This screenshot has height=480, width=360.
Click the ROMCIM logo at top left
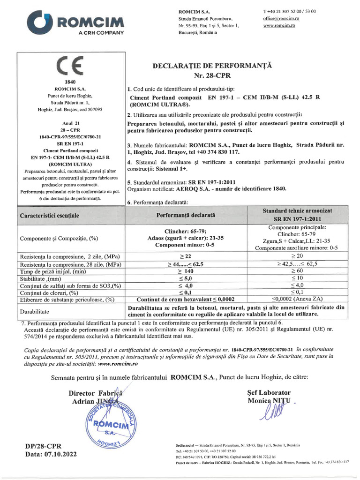pyautogui.click(x=77, y=22)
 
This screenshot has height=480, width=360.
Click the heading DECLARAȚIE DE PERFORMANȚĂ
pyautogui.click(x=212, y=66)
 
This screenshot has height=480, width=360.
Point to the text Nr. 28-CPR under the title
pyautogui.click(x=212, y=75)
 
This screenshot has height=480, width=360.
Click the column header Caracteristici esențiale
pyautogui.click(x=49, y=216)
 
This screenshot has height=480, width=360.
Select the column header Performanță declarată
pyautogui.click(x=185, y=215)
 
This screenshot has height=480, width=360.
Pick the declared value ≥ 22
pyautogui.click(x=185, y=257)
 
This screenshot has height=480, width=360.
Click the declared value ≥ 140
pyautogui.click(x=185, y=271)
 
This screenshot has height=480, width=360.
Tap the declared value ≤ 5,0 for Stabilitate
pyautogui.click(x=185, y=278)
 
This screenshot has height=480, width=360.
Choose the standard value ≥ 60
pyautogui.click(x=291, y=271)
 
